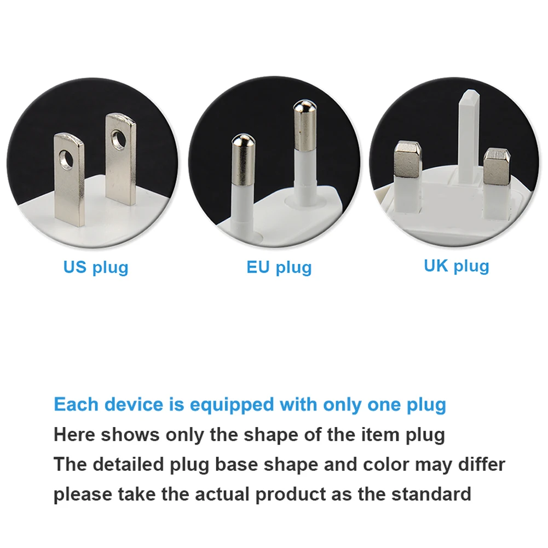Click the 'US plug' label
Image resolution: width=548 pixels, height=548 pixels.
(95, 268)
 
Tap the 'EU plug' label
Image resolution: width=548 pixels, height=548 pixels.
(279, 268)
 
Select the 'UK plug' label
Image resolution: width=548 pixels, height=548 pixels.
(456, 266)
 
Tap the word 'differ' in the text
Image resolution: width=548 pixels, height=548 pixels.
(480, 464)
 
